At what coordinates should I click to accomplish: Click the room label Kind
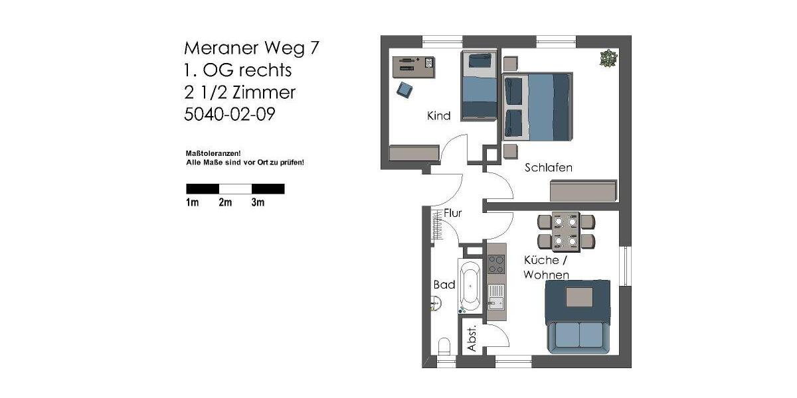pos(438,116)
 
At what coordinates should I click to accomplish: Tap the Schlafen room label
pos(548,168)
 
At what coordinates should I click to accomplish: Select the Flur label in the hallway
pos(453,213)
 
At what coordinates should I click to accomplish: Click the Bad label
pos(444,285)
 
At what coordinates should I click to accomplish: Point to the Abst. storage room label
pos(472,339)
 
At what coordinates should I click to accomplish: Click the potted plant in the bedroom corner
pos(608,58)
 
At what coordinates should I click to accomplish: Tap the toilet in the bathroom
pos(444,346)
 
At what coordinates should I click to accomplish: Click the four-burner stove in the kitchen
pos(495,264)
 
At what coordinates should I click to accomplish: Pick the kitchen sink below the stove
pos(495,297)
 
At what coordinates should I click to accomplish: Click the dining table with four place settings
pos(566,232)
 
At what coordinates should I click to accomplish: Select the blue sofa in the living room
pos(578,316)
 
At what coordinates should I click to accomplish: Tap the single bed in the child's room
pos(479,86)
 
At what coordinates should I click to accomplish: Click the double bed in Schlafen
pos(538,107)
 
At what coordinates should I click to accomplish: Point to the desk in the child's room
pos(413,67)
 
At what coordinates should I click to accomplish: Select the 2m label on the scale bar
pos(225,203)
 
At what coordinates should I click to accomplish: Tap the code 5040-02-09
pos(229,114)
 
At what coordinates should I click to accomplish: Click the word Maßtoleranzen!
pos(213,153)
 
